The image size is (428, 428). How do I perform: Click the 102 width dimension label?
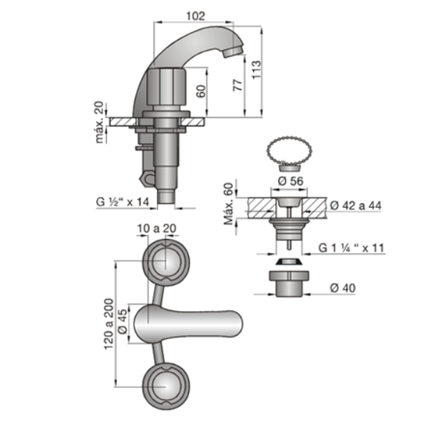tap(195, 16)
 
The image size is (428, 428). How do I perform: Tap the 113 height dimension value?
tap(256, 70)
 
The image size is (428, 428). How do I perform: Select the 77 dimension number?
tap(238, 85)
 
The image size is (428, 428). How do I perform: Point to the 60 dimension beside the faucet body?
tap(200, 91)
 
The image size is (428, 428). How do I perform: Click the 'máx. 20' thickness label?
tap(99, 122)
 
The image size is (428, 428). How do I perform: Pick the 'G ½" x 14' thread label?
tap(123, 202)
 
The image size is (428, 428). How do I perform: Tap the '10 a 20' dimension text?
tap(157, 228)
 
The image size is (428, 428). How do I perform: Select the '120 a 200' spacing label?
tap(108, 324)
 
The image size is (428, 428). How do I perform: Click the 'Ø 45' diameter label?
tap(122, 321)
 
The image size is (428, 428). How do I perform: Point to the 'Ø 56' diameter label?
tap(290, 181)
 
